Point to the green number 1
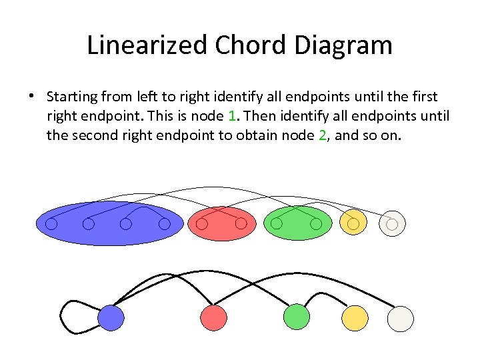click(x=232, y=117)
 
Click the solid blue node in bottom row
click(x=111, y=318)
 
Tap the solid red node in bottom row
click(x=213, y=318)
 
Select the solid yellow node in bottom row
click(x=355, y=318)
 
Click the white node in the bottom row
click(x=401, y=318)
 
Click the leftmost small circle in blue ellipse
click(x=51, y=224)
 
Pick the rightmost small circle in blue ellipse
click(x=165, y=224)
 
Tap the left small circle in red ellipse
click(x=203, y=224)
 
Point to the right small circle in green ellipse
click(x=316, y=224)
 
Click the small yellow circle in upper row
click(x=353, y=223)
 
